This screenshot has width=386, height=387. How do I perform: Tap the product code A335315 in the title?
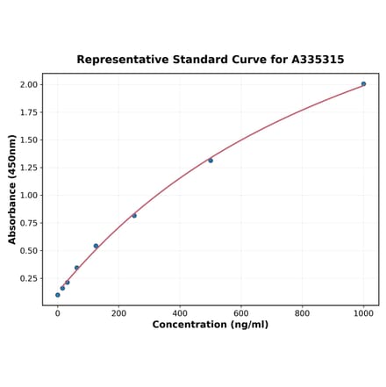[314, 60]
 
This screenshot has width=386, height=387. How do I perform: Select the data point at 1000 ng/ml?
[363, 84]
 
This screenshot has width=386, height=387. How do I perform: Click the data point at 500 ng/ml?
[211, 161]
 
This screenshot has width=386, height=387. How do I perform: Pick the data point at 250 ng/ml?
[134, 216]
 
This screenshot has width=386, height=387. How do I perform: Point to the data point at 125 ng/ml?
[96, 246]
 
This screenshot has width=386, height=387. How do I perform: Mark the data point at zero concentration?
[58, 295]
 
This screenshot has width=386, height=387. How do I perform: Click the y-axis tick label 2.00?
[29, 84]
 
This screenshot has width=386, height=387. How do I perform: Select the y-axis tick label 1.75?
[29, 112]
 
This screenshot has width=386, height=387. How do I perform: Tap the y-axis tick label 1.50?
[29, 140]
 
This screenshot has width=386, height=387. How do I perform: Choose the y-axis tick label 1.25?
[29, 168]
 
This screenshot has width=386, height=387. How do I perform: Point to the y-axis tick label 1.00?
[29, 196]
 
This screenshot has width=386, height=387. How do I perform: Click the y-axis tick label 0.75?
[29, 223]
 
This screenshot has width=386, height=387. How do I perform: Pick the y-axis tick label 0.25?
[29, 278]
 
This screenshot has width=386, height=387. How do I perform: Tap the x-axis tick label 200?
[118, 312]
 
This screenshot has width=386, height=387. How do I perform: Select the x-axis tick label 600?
[241, 312]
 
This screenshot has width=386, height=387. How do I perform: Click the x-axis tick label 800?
[302, 312]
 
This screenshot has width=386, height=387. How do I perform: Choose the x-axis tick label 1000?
[363, 312]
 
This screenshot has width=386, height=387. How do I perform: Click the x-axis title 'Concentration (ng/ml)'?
[211, 325]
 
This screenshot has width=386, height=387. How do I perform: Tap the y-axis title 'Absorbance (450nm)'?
[12, 189]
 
